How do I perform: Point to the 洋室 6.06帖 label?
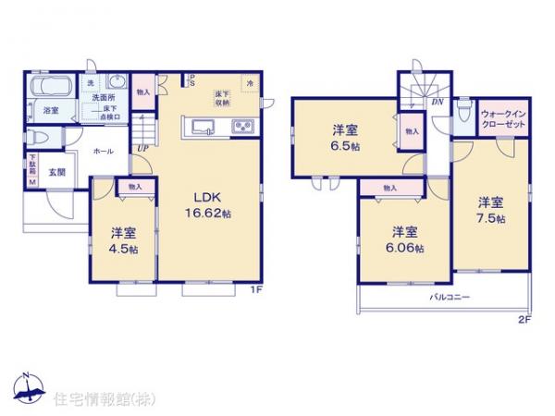coord(402,239)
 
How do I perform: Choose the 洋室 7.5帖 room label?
coord(491,210)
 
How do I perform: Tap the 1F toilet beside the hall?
coord(36,137)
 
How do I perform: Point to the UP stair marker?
coord(143,148)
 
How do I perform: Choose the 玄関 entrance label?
coord(56,172)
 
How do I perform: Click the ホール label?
coord(103,150)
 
